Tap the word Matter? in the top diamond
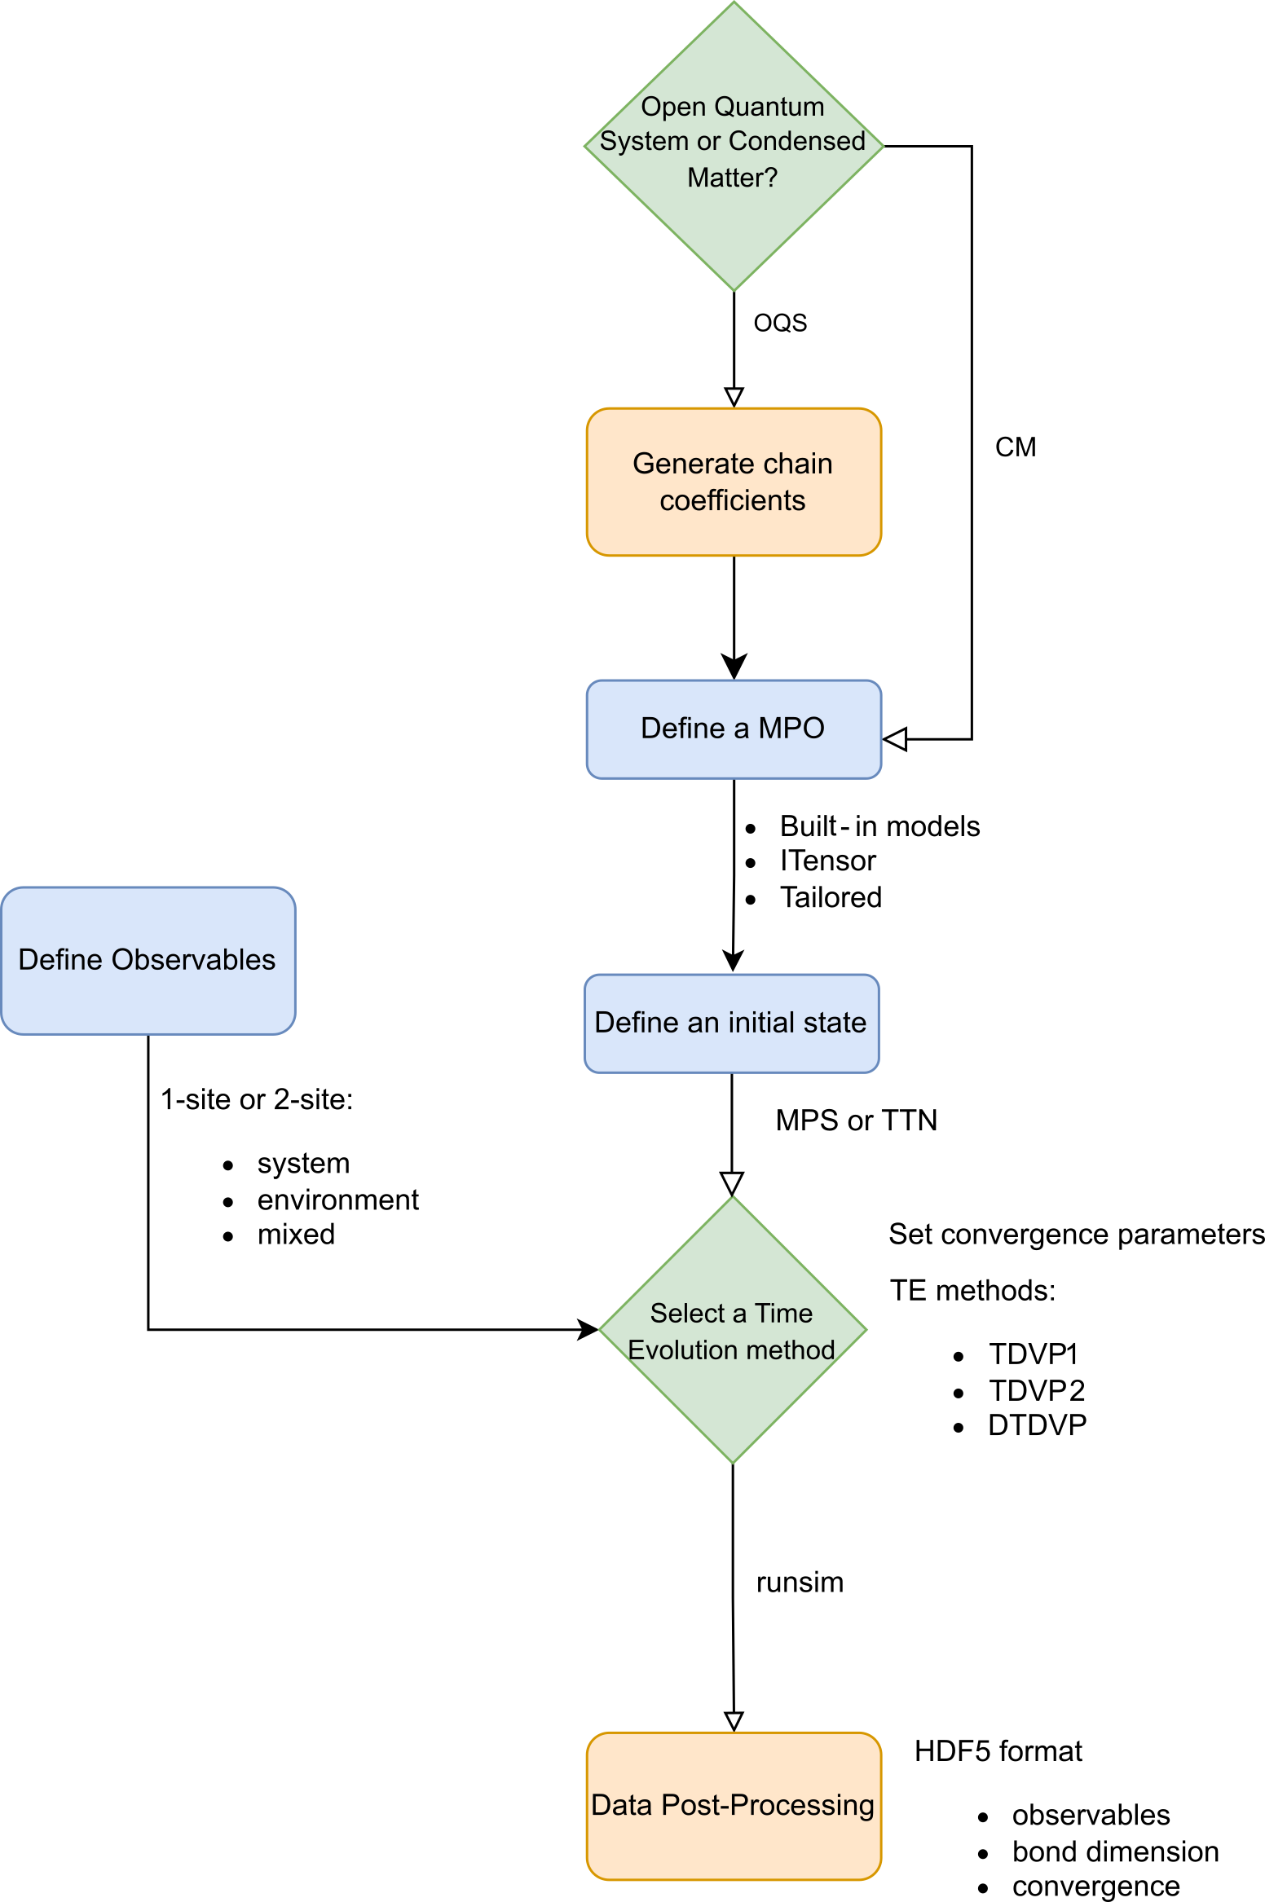coord(732,177)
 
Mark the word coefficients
coord(732,500)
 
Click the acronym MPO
coord(791,728)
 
